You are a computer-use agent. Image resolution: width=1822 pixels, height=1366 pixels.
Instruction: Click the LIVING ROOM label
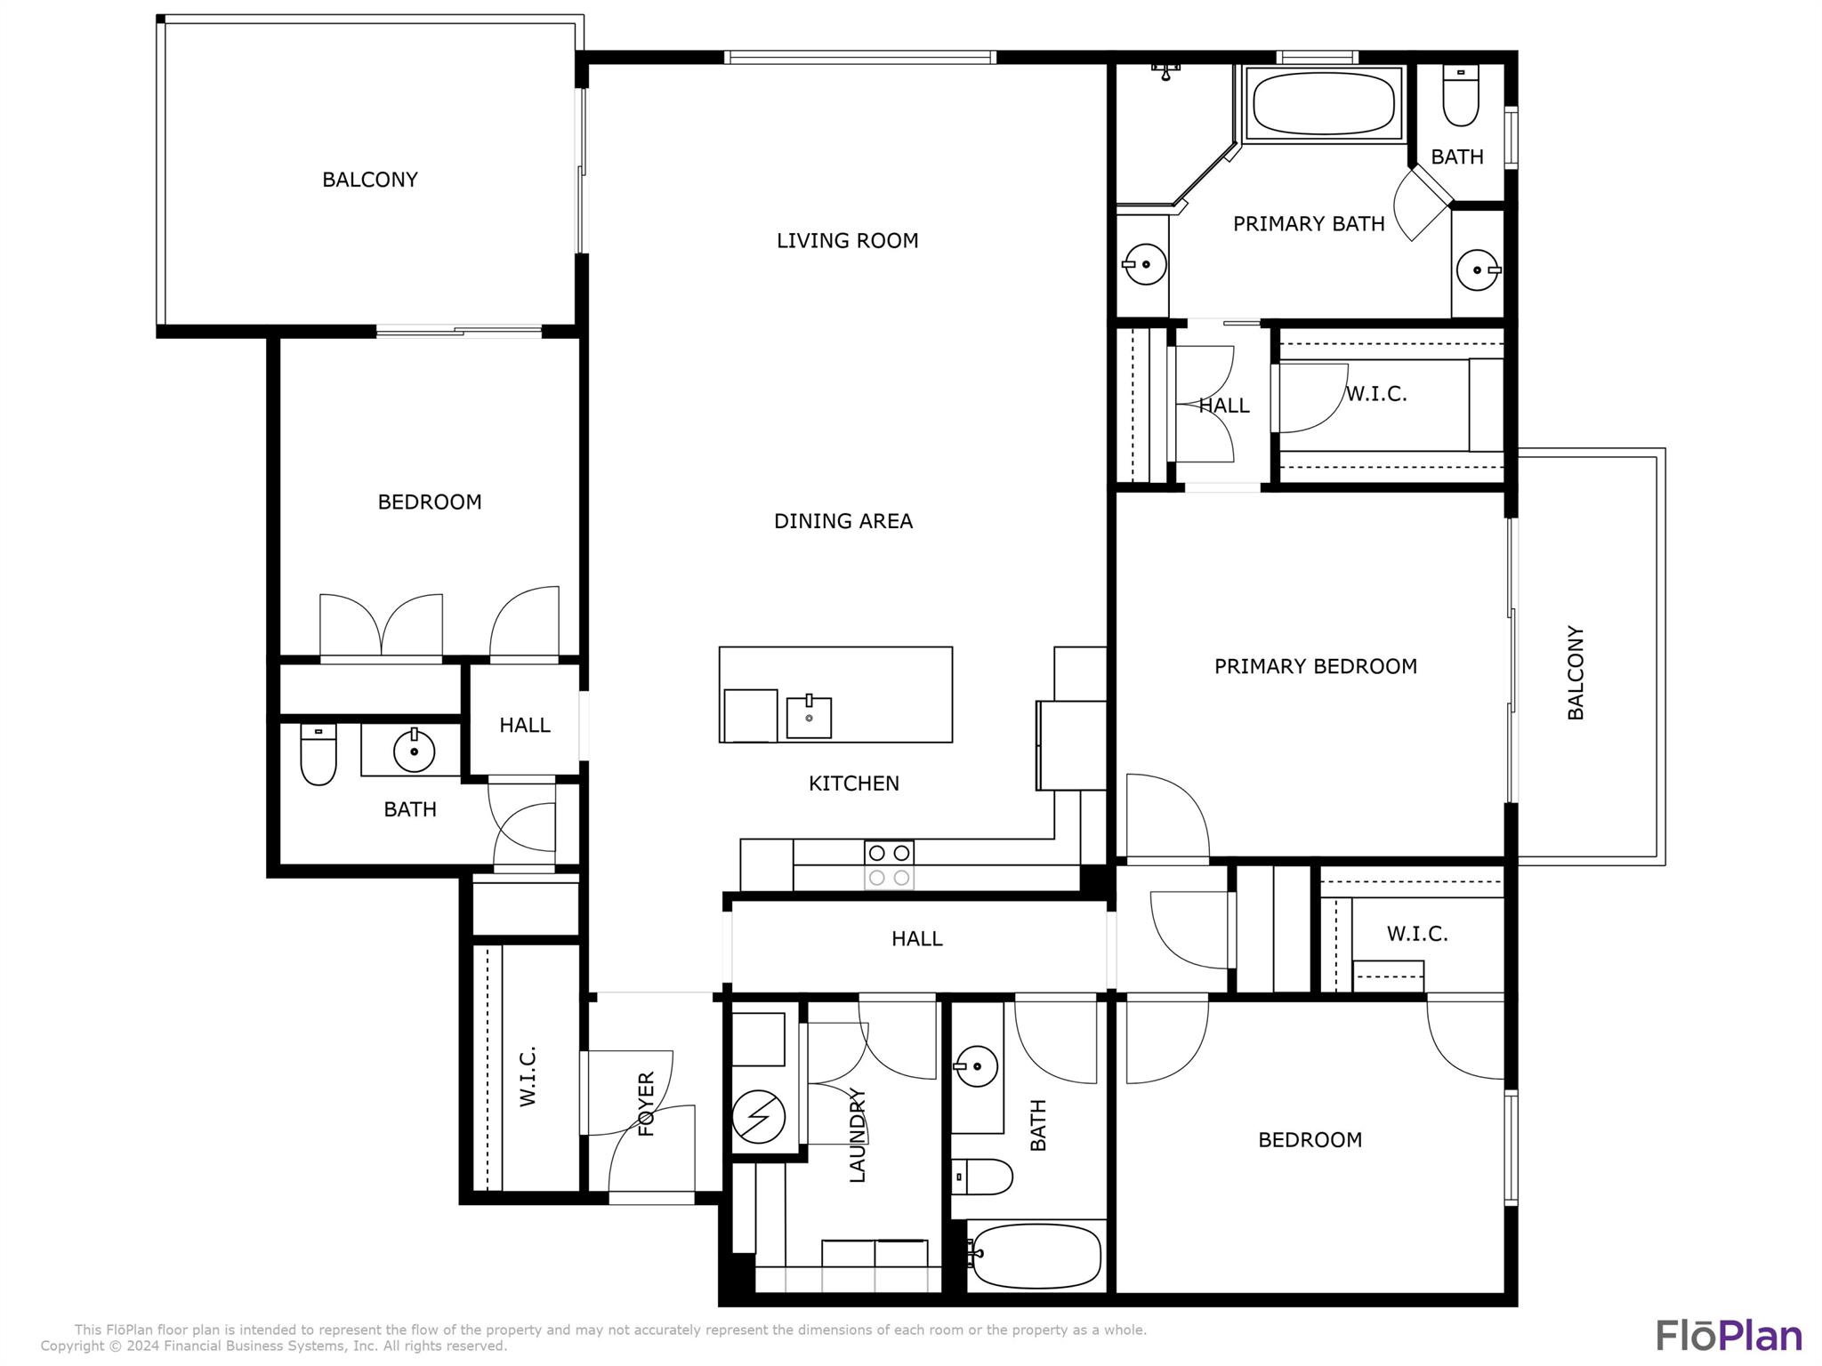coord(847,240)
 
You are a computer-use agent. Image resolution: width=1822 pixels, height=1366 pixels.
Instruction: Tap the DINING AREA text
coord(842,521)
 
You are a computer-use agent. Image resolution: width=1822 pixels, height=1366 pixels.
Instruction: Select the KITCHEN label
coord(853,783)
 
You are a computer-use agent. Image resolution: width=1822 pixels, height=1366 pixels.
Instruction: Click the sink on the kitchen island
coord(809,717)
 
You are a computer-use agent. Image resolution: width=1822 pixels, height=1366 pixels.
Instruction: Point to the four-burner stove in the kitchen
coord(889,864)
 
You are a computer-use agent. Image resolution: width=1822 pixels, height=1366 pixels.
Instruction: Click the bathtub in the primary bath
coord(1323,103)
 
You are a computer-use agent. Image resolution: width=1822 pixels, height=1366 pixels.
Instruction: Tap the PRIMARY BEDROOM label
coord(1315,666)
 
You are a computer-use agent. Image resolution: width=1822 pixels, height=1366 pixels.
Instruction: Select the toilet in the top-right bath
coord(1460,96)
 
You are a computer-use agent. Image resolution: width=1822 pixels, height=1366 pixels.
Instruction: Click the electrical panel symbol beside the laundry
coord(759,1115)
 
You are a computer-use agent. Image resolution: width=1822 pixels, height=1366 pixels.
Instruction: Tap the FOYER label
coord(647,1104)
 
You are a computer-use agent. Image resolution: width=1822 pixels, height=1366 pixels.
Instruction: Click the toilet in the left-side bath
coord(318,755)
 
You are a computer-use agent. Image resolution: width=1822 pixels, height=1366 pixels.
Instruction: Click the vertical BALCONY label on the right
coord(1575,672)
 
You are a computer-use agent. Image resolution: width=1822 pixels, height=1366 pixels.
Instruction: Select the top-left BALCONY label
coord(369,180)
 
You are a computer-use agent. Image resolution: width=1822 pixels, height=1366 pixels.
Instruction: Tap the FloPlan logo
coord(1729,1336)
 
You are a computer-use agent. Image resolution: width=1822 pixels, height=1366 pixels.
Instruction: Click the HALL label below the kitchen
coord(916,938)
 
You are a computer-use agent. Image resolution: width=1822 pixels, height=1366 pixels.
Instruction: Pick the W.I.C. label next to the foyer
coord(528,1076)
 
